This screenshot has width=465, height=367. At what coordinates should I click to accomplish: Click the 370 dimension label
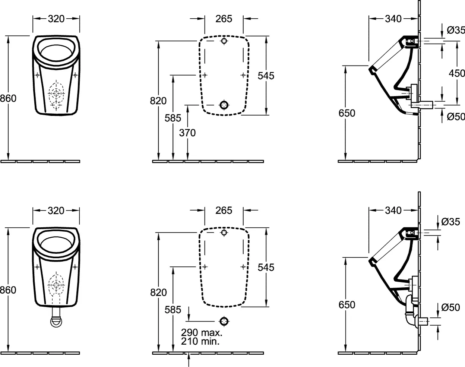187,133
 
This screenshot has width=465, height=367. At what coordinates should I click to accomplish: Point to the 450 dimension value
457,73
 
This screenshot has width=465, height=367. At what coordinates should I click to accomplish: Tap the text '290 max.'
202,332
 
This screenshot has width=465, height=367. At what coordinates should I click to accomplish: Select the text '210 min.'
200,341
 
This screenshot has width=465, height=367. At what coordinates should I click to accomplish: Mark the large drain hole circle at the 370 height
224,105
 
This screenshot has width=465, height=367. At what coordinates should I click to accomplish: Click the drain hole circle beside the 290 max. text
224,322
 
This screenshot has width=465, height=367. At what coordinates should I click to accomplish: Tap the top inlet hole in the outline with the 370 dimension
224,41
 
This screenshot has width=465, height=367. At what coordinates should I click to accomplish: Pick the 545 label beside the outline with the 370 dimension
266,76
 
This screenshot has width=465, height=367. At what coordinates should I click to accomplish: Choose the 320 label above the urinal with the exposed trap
56,211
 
